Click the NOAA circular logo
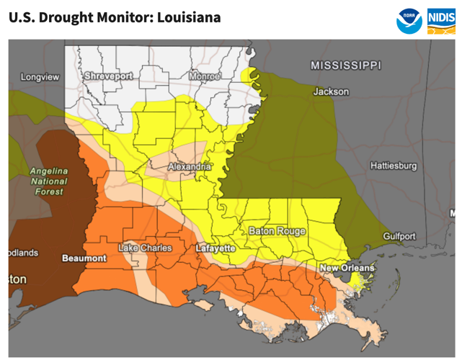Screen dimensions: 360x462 point(409,20)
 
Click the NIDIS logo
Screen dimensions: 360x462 point(441,20)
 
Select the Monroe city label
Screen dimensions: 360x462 point(204,76)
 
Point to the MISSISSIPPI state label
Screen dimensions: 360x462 point(345,66)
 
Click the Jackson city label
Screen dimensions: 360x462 point(331,91)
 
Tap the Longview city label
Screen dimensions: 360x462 point(40,76)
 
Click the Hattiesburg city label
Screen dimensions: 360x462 point(393,166)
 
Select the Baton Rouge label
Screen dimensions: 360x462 point(277,231)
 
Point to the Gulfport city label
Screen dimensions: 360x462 point(399,236)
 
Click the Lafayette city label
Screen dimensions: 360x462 point(216,248)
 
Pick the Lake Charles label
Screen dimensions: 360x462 point(145,248)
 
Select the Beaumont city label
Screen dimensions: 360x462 point(84,258)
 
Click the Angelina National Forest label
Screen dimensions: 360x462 point(48,181)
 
